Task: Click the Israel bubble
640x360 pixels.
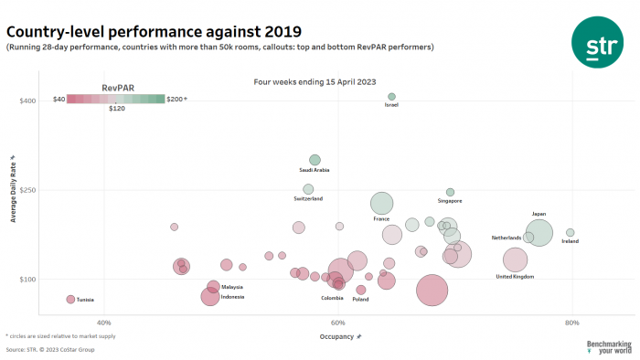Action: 391,96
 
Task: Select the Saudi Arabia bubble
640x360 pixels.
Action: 315,160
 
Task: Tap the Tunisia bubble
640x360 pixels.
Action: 70,300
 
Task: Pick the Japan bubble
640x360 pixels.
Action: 539,233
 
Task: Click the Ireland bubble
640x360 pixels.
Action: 570,233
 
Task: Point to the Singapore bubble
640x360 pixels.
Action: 450,192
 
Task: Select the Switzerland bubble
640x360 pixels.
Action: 308,189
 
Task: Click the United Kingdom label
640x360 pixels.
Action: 515,276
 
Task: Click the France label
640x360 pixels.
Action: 381,219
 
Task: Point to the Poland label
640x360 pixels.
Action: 360,300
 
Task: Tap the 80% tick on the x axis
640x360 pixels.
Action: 571,323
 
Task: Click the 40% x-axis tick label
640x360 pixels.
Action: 103,323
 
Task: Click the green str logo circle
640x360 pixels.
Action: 598,41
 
